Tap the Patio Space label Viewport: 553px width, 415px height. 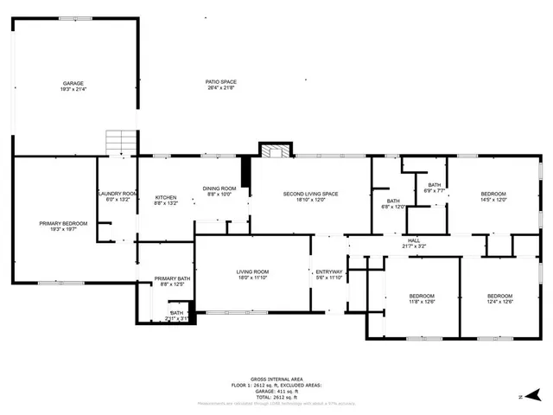220,85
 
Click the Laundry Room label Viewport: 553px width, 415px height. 117,195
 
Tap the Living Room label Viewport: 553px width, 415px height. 253,275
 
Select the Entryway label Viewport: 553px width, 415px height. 329,274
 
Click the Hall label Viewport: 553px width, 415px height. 413,243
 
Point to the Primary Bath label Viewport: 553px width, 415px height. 169,280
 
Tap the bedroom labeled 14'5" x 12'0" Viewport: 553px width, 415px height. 493,195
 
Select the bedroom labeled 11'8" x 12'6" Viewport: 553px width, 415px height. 422,297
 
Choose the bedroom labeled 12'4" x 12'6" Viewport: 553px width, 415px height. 500,297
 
